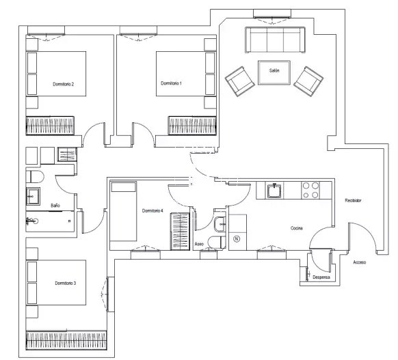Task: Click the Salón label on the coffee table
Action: click(274, 70)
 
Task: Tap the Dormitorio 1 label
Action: click(172, 83)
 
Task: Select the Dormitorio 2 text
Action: click(63, 84)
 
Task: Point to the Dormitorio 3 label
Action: click(66, 283)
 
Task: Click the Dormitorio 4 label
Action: click(152, 210)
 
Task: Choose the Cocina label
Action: click(297, 228)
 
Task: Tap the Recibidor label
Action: click(353, 201)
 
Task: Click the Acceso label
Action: click(360, 262)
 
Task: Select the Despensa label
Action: click(321, 277)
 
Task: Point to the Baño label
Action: click(55, 206)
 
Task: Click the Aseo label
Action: click(199, 244)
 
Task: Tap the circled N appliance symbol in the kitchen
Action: click(237, 239)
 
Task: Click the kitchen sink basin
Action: click(274, 191)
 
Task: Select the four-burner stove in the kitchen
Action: click(310, 190)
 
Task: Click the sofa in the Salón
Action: click(275, 40)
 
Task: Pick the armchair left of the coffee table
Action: click(240, 81)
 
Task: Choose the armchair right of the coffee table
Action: click(308, 81)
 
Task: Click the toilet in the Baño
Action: click(35, 177)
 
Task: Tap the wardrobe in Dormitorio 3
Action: click(66, 340)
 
